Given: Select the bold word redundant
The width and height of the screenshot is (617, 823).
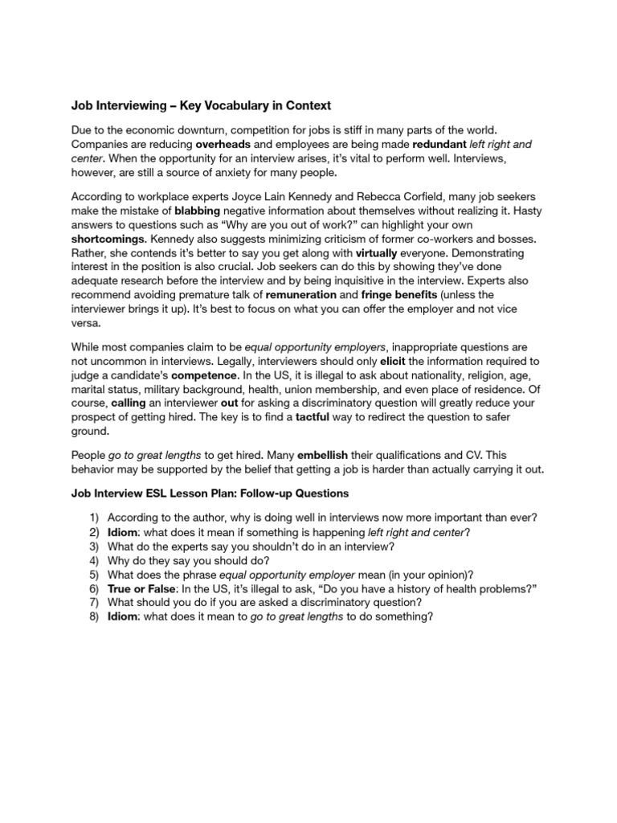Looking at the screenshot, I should coord(439,144).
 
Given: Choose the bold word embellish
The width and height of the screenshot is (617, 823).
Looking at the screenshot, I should coord(348,454).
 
